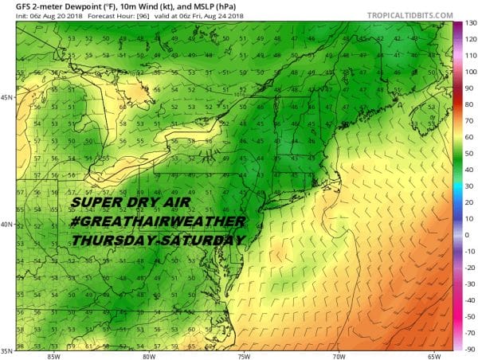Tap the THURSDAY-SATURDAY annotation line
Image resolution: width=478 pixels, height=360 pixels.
163,240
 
